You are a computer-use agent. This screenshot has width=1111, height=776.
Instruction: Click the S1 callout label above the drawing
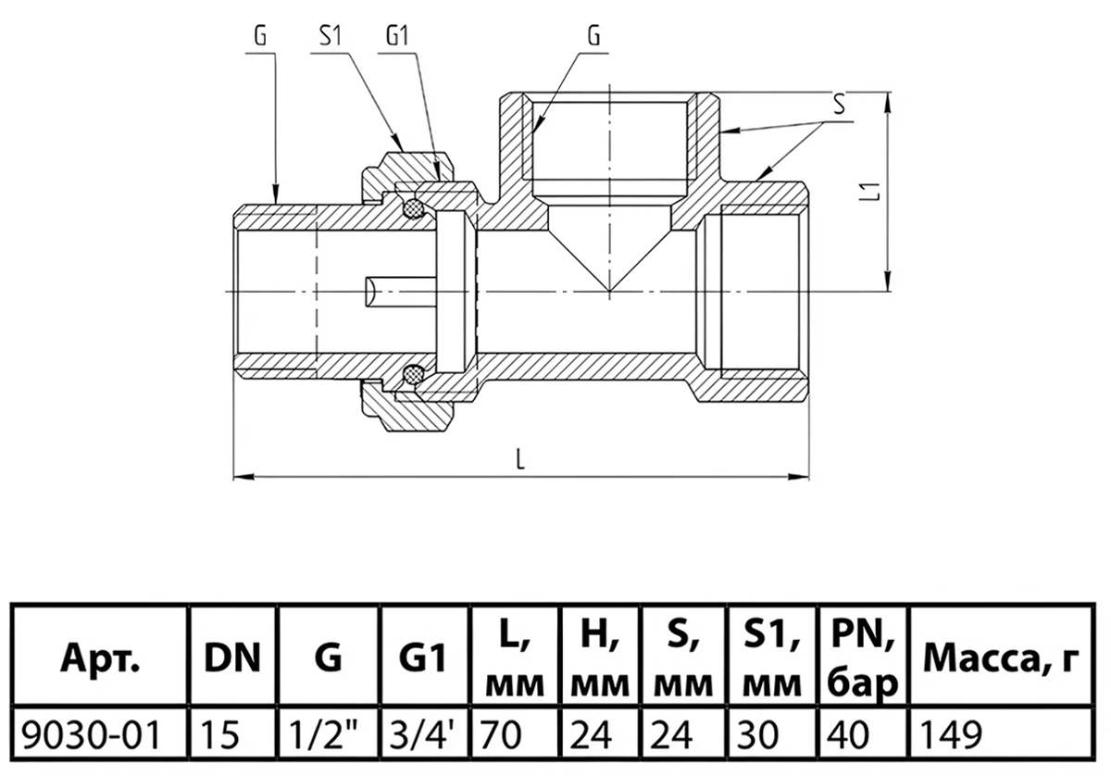(331, 36)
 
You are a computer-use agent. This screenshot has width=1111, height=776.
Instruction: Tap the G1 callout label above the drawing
(397, 36)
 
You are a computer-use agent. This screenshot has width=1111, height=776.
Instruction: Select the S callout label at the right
(839, 105)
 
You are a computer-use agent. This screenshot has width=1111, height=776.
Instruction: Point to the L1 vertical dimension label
(874, 192)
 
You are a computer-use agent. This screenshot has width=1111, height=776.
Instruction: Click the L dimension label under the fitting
(520, 459)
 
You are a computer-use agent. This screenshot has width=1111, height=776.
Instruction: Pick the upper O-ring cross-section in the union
(413, 207)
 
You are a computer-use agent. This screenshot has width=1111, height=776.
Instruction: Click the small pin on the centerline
(400, 292)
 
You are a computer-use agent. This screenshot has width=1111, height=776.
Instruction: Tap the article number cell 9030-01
(92, 735)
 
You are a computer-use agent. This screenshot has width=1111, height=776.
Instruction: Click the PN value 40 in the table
(848, 735)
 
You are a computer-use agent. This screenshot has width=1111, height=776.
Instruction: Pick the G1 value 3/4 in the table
(421, 735)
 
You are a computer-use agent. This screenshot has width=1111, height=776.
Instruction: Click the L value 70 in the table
(500, 735)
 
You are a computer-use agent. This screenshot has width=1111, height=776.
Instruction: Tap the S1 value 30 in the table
(757, 735)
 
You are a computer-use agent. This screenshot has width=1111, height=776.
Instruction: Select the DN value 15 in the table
(219, 735)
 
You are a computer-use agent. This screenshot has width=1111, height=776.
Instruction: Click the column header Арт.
(100, 658)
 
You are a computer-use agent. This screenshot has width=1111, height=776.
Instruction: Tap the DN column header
(232, 658)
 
